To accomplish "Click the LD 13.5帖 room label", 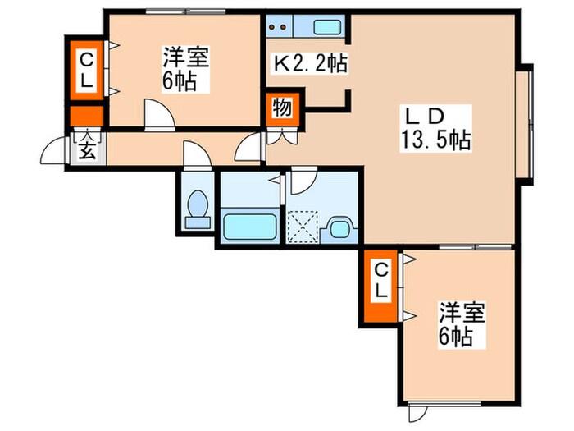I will pos(434,127).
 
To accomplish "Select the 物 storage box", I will pos(282,108).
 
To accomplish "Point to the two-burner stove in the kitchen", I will pos(280,25).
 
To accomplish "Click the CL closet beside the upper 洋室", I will pos(86,70).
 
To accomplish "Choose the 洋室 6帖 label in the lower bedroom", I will pos(462,323).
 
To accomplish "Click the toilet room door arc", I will pos(195,154).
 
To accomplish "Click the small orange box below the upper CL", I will pos(86,116).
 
